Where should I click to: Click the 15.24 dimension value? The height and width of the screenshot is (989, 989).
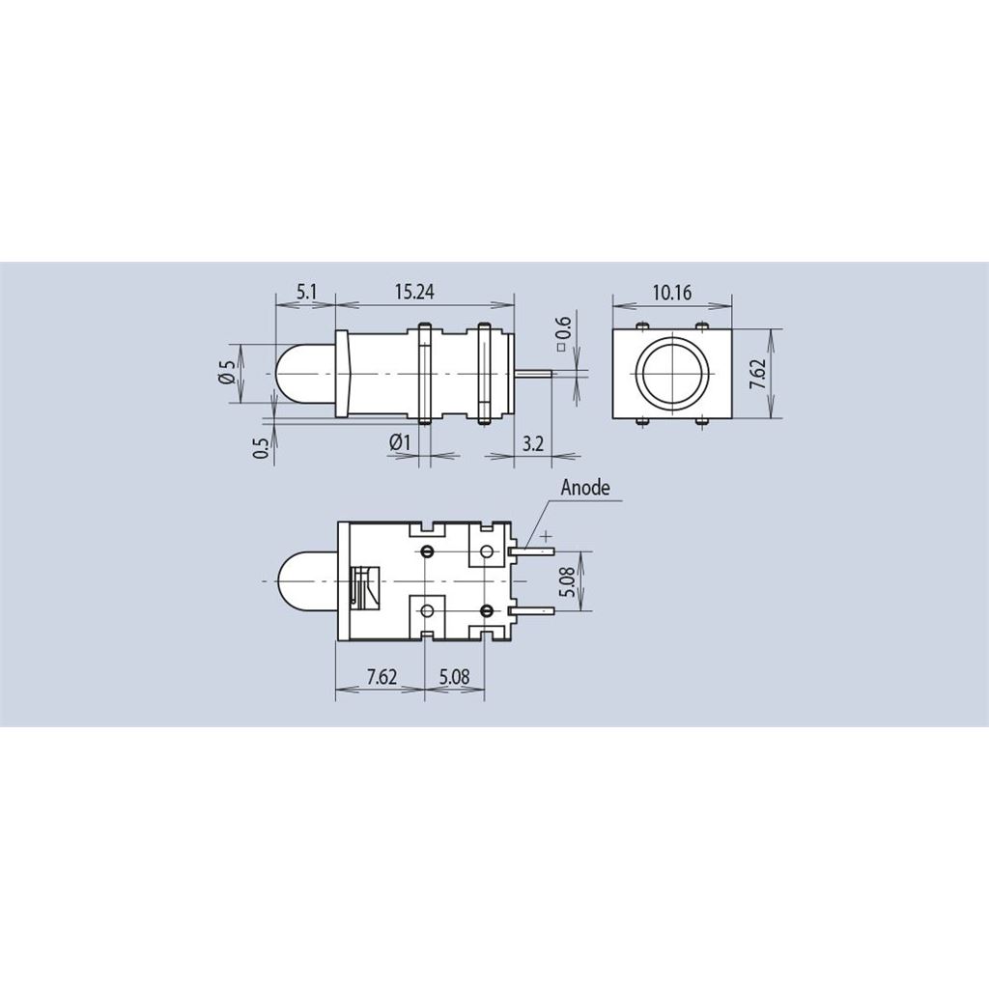(x=414, y=292)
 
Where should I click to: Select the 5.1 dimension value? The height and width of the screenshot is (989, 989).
(x=305, y=292)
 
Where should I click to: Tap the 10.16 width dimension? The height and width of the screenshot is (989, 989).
(x=672, y=293)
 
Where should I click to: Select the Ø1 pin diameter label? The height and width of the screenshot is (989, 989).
(x=400, y=442)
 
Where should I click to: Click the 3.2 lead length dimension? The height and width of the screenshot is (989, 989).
(x=533, y=443)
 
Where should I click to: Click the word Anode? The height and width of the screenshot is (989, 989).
(x=585, y=488)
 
